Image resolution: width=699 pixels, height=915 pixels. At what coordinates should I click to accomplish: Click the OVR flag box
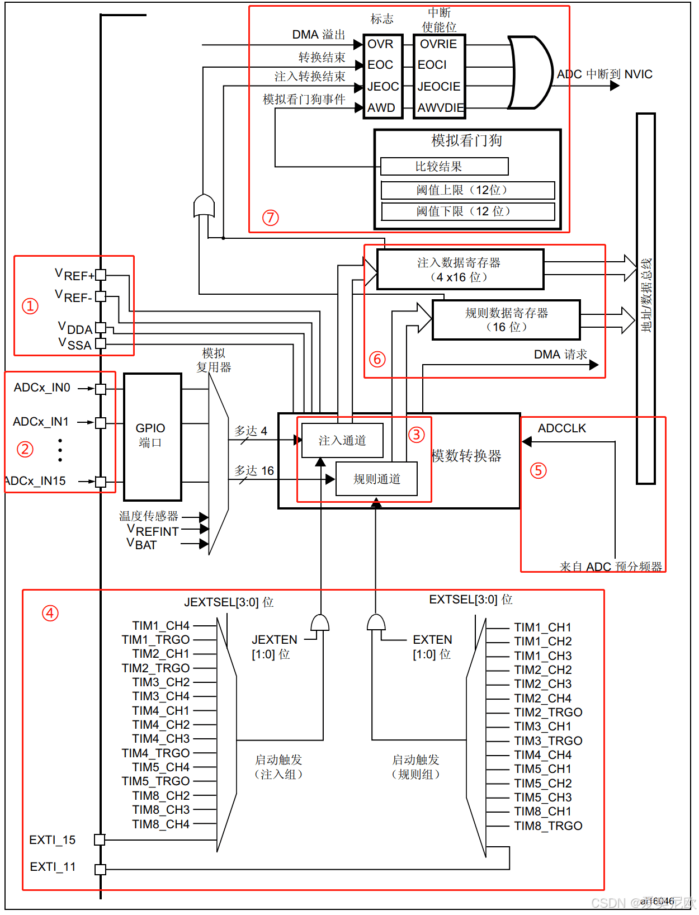coord(381,44)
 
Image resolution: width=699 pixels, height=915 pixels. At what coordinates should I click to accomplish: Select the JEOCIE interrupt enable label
coord(439,87)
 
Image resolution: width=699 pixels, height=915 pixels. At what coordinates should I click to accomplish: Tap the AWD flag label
coord(381,107)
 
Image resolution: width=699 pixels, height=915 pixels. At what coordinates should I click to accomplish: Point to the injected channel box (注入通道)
coord(342,441)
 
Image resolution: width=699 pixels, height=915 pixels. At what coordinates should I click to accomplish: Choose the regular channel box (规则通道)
coord(376,479)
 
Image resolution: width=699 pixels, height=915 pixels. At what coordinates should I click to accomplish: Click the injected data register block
coord(460,270)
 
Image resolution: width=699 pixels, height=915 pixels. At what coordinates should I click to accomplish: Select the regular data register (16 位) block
coord(506,320)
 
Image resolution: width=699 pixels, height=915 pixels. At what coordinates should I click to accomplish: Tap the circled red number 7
coord(271,218)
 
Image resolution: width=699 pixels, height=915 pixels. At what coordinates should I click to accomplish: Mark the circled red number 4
coord(50,614)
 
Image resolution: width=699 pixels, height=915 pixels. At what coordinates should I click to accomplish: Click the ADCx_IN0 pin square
coord(101,389)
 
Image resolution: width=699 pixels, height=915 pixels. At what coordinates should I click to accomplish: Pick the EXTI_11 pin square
coord(100,869)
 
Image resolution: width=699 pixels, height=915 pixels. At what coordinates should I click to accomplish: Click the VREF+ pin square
coord(101,275)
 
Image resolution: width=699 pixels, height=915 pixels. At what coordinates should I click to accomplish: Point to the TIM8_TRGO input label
coord(548,826)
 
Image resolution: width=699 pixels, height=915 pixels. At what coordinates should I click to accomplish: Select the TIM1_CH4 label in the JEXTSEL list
coord(161,625)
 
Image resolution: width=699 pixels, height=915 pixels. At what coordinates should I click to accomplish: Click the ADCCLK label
coord(561,428)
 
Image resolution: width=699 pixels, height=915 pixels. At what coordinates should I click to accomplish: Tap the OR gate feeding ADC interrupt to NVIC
coord(529,73)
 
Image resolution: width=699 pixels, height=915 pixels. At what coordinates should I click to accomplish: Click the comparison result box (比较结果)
coord(444,167)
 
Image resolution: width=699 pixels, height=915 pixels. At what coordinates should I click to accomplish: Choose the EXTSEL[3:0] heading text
coord(470,600)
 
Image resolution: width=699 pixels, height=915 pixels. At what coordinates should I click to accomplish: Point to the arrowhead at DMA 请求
coord(594,365)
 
